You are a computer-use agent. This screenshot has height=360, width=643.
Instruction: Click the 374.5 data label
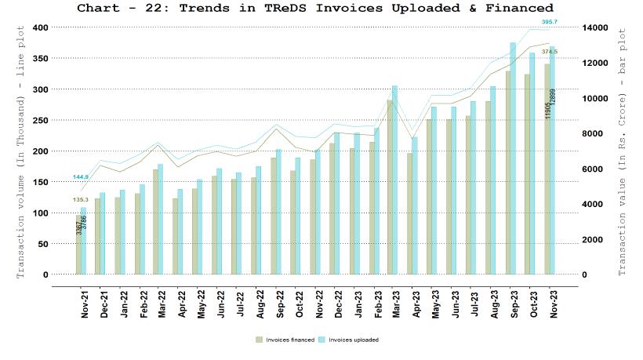pos(549,51)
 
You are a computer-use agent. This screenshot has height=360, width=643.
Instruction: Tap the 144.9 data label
pos(81,177)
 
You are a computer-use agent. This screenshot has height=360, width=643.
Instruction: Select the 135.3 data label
pos(81,199)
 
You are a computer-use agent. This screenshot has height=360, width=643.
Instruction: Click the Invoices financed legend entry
pos(285,340)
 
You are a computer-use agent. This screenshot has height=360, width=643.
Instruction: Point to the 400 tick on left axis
pos(40,27)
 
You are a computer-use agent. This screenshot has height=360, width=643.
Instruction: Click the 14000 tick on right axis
pos(597,27)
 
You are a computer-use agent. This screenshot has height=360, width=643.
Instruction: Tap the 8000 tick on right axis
pos(594,134)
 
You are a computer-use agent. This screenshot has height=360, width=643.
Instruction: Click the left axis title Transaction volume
pos(21,151)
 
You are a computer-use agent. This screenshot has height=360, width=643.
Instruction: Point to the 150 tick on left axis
pos(40,182)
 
